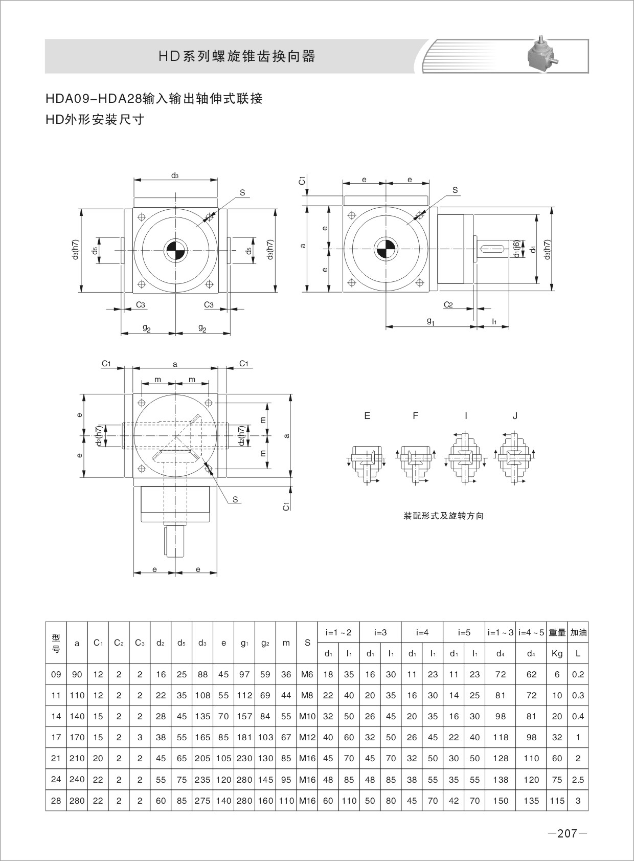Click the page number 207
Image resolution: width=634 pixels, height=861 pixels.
click(x=567, y=833)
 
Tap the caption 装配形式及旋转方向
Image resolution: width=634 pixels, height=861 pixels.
click(x=443, y=516)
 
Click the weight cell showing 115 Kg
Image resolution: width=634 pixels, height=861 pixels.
click(x=557, y=801)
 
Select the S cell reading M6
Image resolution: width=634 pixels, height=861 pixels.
click(x=307, y=674)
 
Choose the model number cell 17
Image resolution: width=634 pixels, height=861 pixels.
click(x=56, y=737)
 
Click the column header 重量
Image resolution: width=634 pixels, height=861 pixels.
click(x=557, y=632)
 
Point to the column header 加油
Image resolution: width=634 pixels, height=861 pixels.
click(x=578, y=632)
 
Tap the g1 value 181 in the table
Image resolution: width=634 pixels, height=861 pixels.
click(x=244, y=737)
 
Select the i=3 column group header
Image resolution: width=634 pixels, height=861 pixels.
click(x=380, y=632)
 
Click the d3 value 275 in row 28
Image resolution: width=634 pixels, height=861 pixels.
click(x=202, y=801)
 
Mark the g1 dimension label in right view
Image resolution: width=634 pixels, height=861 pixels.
click(x=430, y=321)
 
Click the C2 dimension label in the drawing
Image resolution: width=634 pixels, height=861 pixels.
click(x=448, y=305)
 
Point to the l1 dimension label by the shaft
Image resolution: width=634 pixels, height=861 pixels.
click(x=494, y=321)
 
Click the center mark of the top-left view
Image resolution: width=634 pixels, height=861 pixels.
click(x=175, y=250)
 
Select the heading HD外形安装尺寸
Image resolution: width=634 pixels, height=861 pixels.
click(x=95, y=120)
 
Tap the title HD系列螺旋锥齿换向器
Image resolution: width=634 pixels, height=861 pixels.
click(x=237, y=56)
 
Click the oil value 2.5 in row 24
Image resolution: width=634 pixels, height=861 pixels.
click(x=578, y=780)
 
